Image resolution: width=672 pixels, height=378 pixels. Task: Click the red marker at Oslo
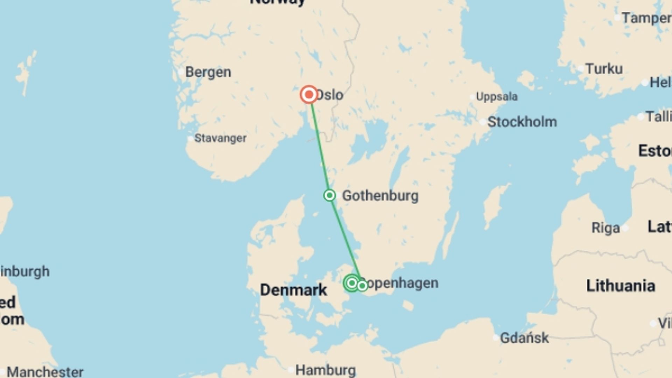pyautogui.click(x=309, y=94)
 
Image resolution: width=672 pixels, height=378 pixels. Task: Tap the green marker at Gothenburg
pyautogui.click(x=329, y=195)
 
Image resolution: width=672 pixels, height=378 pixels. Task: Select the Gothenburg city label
pyautogui.click(x=380, y=196)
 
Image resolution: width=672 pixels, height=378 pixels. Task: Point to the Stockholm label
pyautogui.click(x=522, y=122)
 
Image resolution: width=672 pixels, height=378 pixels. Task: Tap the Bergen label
pyautogui.click(x=208, y=72)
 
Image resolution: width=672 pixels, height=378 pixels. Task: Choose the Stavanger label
pyautogui.click(x=220, y=138)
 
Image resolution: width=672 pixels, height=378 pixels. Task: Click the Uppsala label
pyautogui.click(x=497, y=97)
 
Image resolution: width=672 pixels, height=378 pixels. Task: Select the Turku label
pyautogui.click(x=604, y=69)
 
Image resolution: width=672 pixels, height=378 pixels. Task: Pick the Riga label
pyautogui.click(x=605, y=228)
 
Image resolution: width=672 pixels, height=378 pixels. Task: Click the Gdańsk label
pyautogui.click(x=524, y=338)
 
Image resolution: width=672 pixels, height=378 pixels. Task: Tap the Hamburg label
pyautogui.click(x=325, y=370)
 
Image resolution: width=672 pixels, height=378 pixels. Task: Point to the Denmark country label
pyautogui.click(x=293, y=290)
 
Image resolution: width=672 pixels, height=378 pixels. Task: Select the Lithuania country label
pyautogui.click(x=621, y=286)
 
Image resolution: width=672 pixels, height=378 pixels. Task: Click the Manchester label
pyautogui.click(x=45, y=372)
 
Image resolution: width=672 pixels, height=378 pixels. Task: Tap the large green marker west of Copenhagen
pyautogui.click(x=352, y=283)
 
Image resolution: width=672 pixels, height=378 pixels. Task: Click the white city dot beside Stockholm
pyautogui.click(x=483, y=122)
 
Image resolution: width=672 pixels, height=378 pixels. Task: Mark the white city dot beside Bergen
pyautogui.click(x=181, y=72)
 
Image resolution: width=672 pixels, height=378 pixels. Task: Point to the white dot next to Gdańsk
pyautogui.click(x=496, y=338)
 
